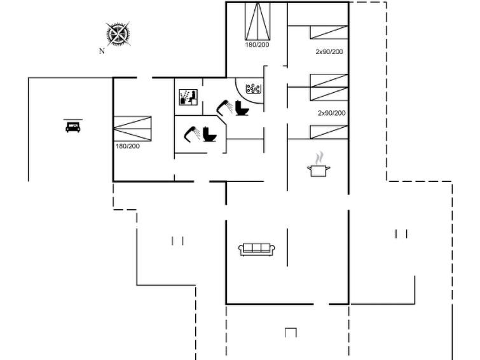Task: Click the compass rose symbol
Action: click(x=118, y=34)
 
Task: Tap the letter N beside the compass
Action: click(x=102, y=51)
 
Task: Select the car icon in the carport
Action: click(x=73, y=126)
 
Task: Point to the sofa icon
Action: click(x=257, y=249)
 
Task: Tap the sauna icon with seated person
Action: click(x=188, y=97)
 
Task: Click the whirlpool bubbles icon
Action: click(x=254, y=89)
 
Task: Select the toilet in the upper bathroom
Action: click(x=242, y=108)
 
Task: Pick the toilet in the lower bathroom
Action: click(x=210, y=134)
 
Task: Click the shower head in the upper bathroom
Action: click(x=224, y=107)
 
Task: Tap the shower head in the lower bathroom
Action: click(x=192, y=134)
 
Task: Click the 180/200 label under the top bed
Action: click(x=257, y=45)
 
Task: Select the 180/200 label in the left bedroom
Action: click(x=128, y=146)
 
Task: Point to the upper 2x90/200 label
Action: click(x=329, y=52)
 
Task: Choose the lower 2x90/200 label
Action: click(x=331, y=113)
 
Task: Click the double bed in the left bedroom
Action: click(x=132, y=128)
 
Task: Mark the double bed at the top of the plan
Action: click(x=257, y=21)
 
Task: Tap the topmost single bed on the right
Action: click(x=329, y=32)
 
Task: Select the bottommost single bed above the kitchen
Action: click(x=329, y=132)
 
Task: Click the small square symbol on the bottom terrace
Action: click(x=291, y=333)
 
